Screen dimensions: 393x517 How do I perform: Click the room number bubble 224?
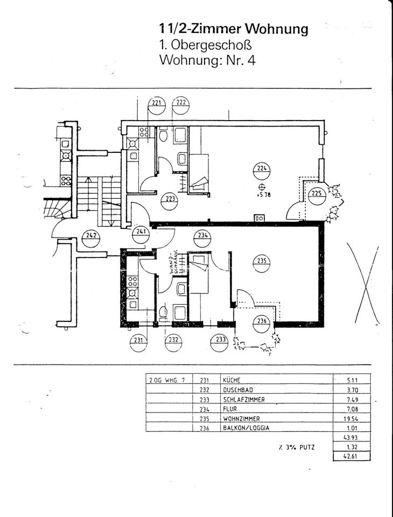click(x=261, y=171)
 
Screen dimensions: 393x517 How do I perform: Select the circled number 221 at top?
click(x=157, y=105)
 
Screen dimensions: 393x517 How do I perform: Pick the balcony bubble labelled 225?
click(x=317, y=195)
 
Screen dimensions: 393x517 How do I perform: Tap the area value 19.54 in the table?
click(x=350, y=419)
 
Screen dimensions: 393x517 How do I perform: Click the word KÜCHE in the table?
click(x=232, y=380)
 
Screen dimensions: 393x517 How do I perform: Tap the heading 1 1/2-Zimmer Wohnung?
click(x=233, y=29)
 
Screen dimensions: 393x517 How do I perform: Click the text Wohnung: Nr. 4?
click(x=207, y=59)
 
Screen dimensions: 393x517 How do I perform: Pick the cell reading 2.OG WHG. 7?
click(x=166, y=380)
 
